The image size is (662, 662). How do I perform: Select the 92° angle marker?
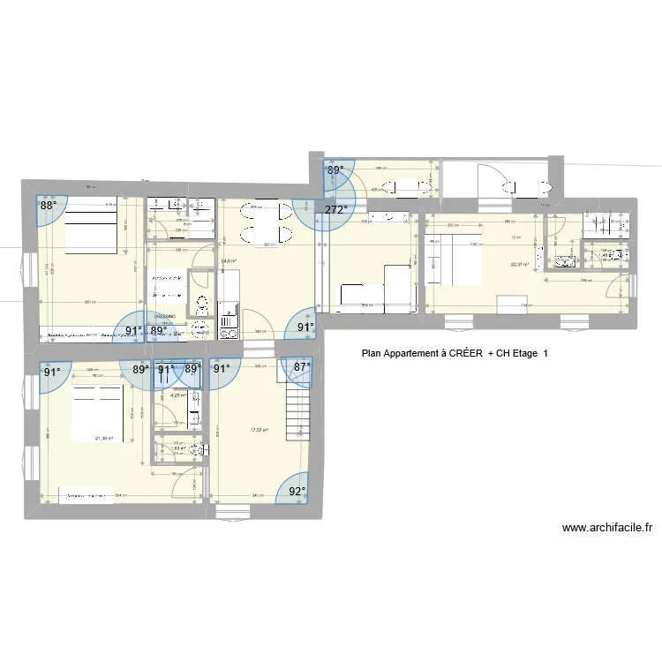(x=297, y=492)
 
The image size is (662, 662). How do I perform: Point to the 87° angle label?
(x=302, y=366)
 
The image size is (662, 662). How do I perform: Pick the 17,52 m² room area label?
(x=259, y=430)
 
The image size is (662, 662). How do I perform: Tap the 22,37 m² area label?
(x=519, y=263)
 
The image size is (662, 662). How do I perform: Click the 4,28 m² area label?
(x=177, y=395)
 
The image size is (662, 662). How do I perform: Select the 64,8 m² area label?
(x=229, y=261)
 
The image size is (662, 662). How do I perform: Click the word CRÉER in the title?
(x=465, y=354)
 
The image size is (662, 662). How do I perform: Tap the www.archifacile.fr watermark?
(x=606, y=529)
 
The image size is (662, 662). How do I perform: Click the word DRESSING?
(x=165, y=315)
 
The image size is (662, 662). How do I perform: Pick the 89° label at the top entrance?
(x=335, y=171)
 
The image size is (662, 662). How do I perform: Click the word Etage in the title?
(x=522, y=354)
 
